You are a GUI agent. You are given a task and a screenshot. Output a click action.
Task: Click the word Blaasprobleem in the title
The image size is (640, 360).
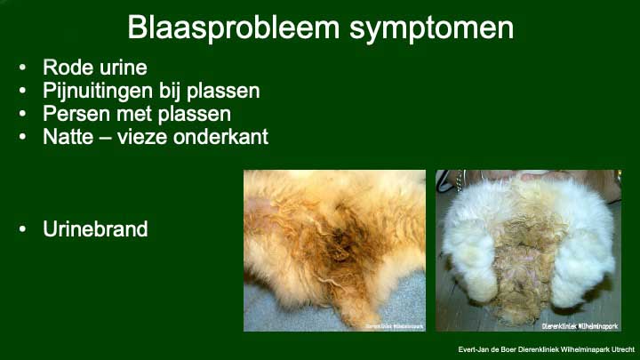pos(234,28)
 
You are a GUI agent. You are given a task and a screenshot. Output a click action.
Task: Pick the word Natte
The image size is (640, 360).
pos(68,136)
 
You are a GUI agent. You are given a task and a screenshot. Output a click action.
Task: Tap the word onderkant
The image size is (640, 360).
pos(220,136)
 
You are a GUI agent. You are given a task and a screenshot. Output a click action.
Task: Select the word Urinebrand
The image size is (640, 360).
pos(95,229)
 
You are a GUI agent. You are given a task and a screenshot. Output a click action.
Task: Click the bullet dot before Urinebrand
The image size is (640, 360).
pos(22,229)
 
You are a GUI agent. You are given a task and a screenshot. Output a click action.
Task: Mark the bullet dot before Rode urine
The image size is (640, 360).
pos(22,68)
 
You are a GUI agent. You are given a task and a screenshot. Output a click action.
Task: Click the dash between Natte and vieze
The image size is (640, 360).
pos(105,138)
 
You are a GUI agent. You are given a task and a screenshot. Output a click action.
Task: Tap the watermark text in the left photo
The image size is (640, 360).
pos(395,326)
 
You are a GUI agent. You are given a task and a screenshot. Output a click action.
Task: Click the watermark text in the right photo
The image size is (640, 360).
pos(580,326)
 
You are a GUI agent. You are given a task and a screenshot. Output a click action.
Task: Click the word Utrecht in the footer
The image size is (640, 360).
pos(623,350)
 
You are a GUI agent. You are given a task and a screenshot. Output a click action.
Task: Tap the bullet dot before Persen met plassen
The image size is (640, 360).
pos(22,114)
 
